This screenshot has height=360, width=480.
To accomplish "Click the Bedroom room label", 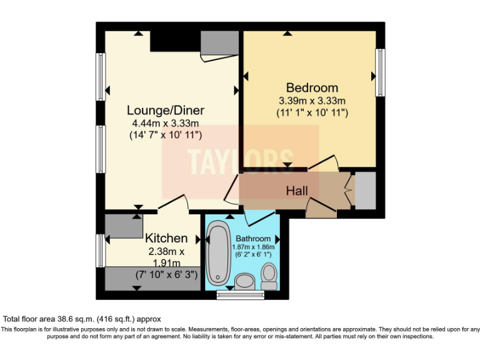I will [x=312, y=87].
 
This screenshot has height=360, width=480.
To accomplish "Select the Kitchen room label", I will [x=166, y=238].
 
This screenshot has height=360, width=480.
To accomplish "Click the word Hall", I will [x=297, y=190].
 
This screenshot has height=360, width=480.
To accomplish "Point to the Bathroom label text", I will [x=253, y=239].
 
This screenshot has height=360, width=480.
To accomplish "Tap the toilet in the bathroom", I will [x=269, y=276].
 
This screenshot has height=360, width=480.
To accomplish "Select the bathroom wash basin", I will [x=244, y=281].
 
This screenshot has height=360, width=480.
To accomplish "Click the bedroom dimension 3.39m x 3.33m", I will [x=312, y=101].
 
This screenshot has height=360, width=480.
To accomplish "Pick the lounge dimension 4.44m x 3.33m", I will [x=166, y=123].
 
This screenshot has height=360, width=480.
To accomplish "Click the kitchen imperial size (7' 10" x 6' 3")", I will [x=166, y=274].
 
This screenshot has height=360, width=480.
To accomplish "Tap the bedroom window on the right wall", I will [x=379, y=72].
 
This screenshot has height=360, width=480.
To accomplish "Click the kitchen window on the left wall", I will [x=100, y=250].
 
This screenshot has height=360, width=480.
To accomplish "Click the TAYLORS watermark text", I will [x=241, y=161].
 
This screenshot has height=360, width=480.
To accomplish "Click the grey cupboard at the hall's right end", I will [x=365, y=191].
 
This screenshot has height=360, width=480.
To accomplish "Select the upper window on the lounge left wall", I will [x=100, y=76].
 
